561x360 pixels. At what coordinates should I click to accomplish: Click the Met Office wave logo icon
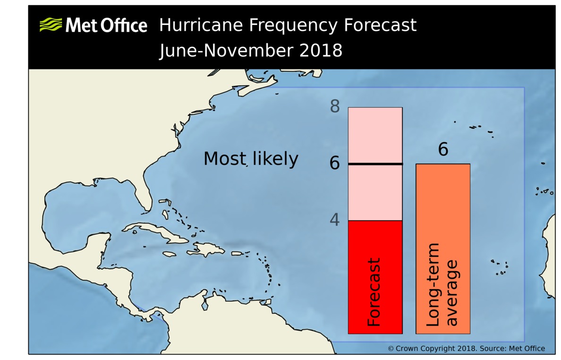51,25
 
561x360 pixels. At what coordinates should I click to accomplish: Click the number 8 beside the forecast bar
335,107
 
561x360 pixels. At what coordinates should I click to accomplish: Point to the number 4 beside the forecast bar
335,220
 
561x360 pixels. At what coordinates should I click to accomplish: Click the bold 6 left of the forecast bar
335,163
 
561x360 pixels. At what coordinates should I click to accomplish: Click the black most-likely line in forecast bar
375,164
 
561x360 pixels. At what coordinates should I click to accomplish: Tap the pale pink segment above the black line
375,135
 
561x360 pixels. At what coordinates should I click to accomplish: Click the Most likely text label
251,159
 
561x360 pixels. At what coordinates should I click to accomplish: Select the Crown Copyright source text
466,349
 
